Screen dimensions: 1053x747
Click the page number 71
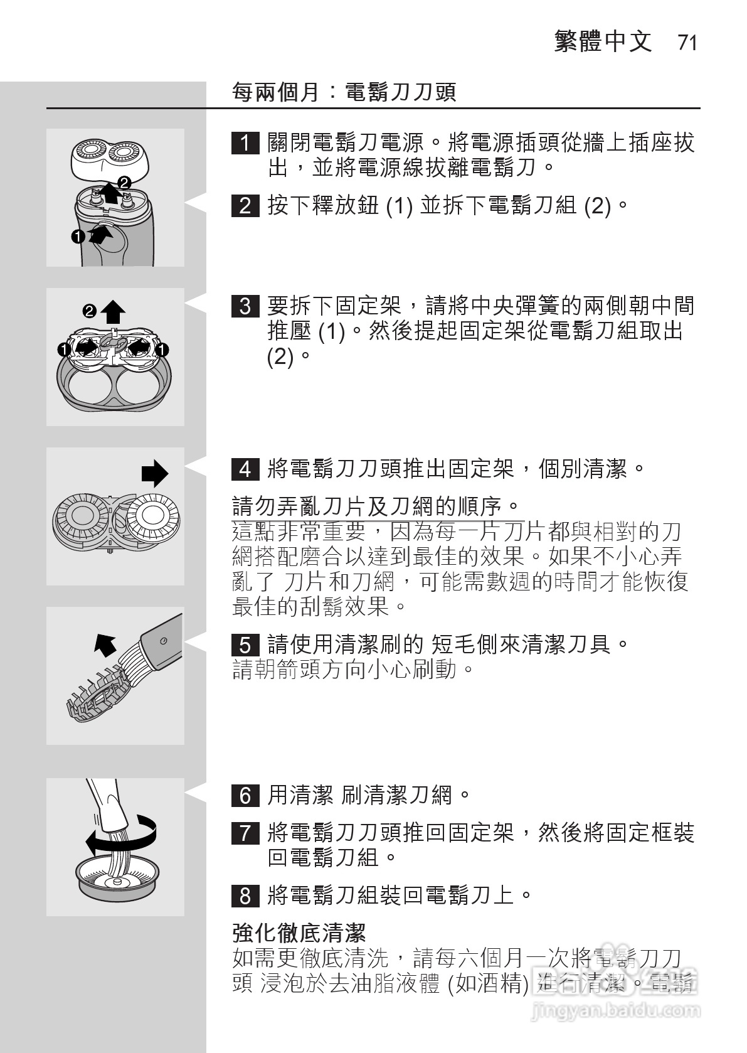tap(687, 43)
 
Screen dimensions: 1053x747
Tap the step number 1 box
tap(245, 144)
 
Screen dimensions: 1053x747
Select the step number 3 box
tap(245, 306)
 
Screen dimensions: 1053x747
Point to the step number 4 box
tap(245, 469)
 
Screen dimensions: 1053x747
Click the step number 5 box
tap(245, 645)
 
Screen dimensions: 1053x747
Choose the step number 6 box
tap(245, 796)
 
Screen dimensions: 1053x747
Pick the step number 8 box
tap(245, 895)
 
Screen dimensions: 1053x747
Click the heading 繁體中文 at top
tap(603, 42)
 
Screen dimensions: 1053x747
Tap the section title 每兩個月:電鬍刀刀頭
tap(344, 93)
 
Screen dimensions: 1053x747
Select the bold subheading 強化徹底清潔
tap(299, 933)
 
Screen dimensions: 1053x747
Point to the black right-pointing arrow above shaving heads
tap(154, 474)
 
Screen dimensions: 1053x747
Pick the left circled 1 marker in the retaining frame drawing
tap(63, 349)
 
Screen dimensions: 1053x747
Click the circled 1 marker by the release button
tap(78, 237)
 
